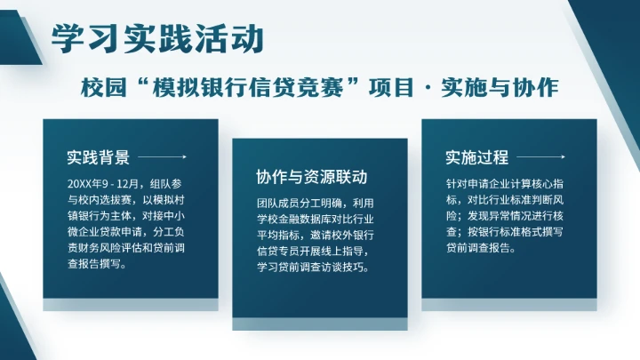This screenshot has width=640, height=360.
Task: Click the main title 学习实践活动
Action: click(157, 38)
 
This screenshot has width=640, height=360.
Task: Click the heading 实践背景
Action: click(98, 158)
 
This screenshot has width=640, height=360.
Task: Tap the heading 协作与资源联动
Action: click(311, 176)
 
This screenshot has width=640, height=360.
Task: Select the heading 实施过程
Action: click(476, 158)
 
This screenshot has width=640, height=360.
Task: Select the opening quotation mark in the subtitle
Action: click(138, 87)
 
